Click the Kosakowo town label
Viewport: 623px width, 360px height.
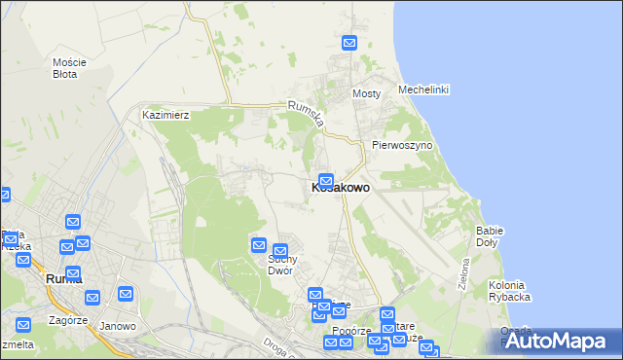click(x=340, y=188)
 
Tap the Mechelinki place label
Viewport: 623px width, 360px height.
click(x=423, y=90)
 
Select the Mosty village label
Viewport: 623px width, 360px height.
click(x=366, y=93)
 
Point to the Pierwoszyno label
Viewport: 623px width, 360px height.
click(x=401, y=145)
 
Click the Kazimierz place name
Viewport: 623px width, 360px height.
click(x=165, y=115)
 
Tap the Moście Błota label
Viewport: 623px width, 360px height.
click(x=70, y=67)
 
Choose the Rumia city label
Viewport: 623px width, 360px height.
click(x=64, y=278)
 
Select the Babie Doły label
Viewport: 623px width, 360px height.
click(x=490, y=235)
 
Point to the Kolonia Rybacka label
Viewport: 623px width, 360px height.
click(x=508, y=291)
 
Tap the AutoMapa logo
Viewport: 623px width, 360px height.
click(x=559, y=341)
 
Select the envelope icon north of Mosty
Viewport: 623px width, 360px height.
click(x=349, y=43)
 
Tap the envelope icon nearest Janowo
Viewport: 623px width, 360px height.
click(x=126, y=293)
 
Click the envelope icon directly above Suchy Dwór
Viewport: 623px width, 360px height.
click(x=280, y=252)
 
